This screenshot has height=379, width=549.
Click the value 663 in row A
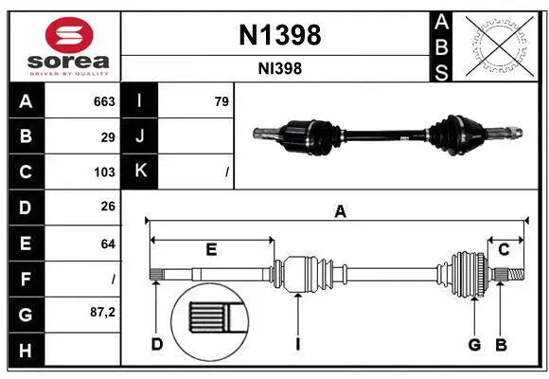pos(103,101)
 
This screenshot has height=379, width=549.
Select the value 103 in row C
pos(104,172)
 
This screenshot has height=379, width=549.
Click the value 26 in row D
pos(108,207)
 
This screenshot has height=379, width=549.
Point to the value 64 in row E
pos(108,244)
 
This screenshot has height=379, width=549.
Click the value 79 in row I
pos(221,101)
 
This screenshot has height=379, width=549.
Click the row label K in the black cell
pos(140,171)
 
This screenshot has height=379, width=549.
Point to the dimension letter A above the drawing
pos(340,213)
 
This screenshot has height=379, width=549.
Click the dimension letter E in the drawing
pos(211,249)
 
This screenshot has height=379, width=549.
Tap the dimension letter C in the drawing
pos(505,249)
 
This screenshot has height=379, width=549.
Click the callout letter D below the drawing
pos(156,344)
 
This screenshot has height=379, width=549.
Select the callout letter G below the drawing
pos(475,344)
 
